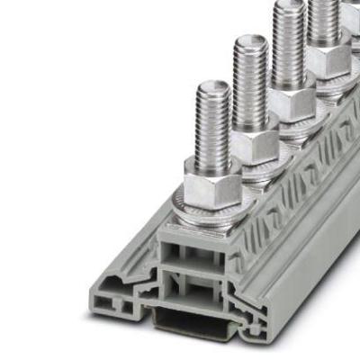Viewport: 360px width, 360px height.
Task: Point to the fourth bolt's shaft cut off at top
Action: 321,13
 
